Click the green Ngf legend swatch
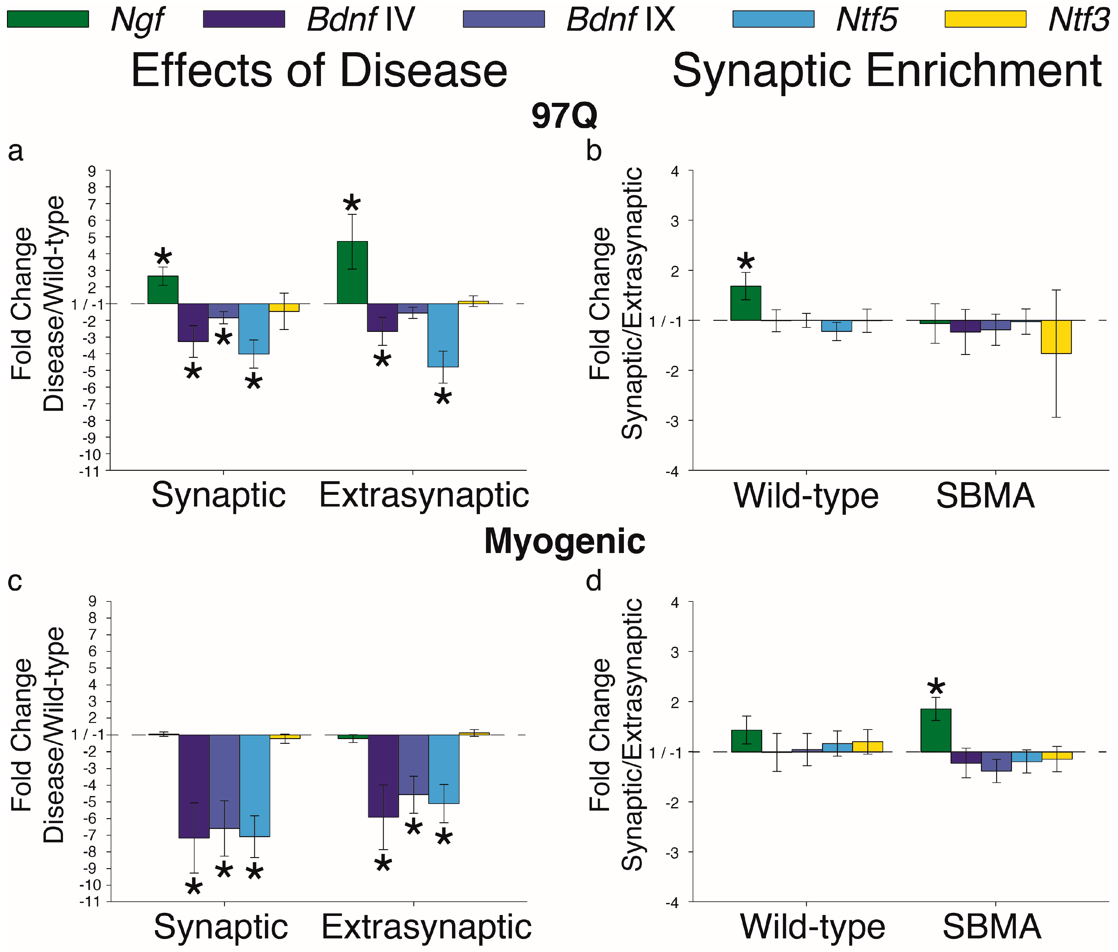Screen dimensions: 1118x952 (48, 19)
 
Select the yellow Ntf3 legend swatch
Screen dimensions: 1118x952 (986, 19)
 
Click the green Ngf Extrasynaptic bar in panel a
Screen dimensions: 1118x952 (352, 272)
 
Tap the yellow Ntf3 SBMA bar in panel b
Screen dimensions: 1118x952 (1056, 337)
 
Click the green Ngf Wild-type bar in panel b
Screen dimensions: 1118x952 (746, 303)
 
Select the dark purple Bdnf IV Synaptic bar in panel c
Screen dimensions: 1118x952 (194, 786)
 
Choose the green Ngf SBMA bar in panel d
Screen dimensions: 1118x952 (936, 730)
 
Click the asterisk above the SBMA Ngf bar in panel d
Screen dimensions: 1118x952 (936, 687)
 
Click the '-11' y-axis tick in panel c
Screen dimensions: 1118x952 (90, 901)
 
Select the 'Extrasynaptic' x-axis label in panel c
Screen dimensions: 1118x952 (426, 927)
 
